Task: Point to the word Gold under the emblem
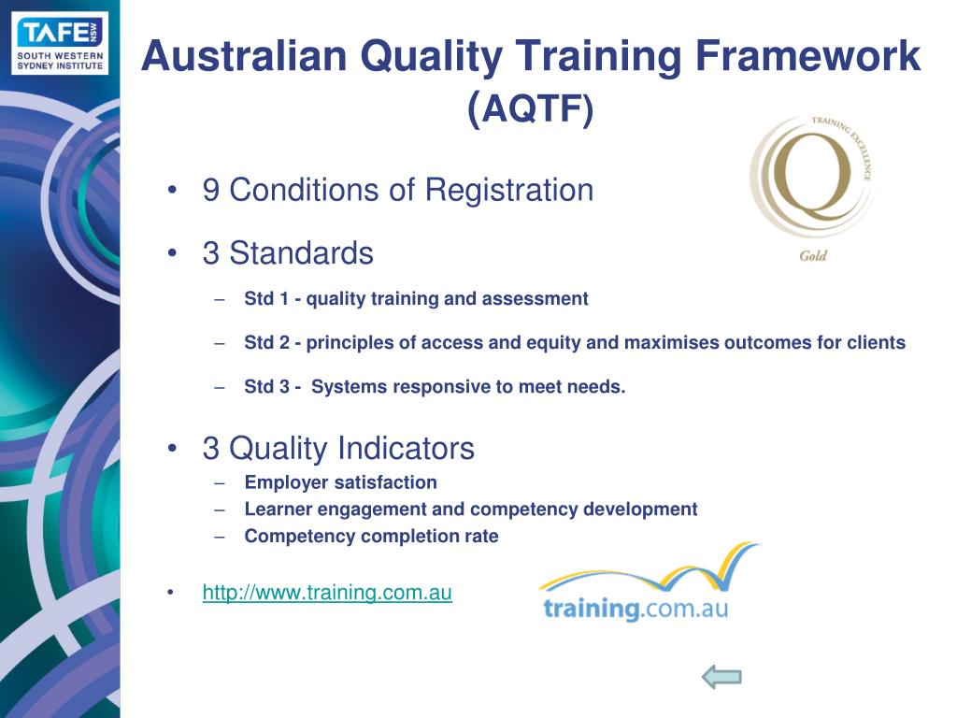point(813,255)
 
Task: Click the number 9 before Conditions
point(211,191)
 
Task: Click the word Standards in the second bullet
point(301,253)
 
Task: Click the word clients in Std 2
point(876,343)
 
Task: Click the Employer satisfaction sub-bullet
point(340,483)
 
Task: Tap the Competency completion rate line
point(371,537)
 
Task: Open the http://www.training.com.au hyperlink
point(327,593)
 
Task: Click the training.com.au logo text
point(635,609)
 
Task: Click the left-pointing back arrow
point(721,678)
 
